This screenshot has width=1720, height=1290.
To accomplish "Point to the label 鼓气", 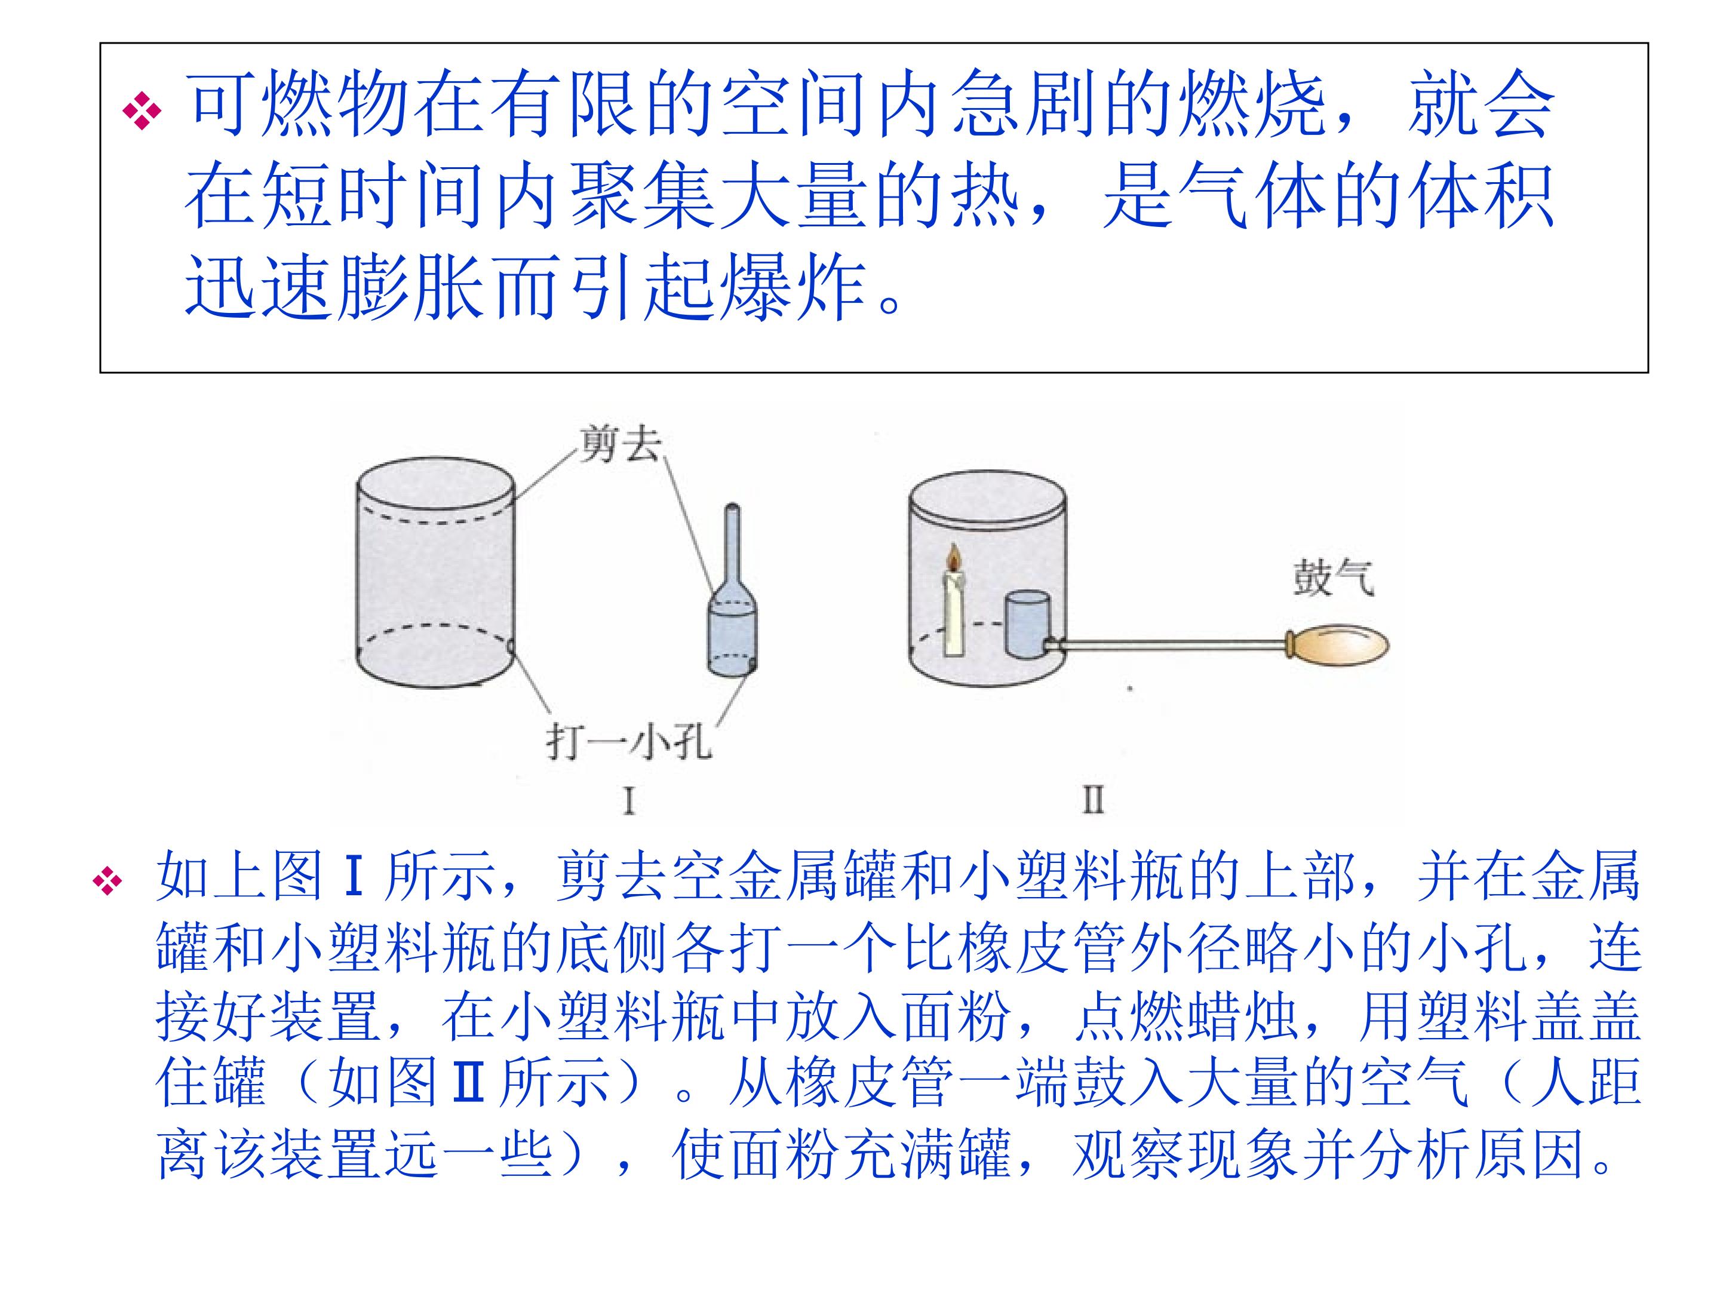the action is pos(1333,579).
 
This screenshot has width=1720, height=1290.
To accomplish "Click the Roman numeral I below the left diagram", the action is pos(629,800).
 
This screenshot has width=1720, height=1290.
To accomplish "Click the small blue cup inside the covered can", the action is pos(1027,624).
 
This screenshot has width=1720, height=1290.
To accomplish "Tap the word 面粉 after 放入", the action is pos(958,1016).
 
